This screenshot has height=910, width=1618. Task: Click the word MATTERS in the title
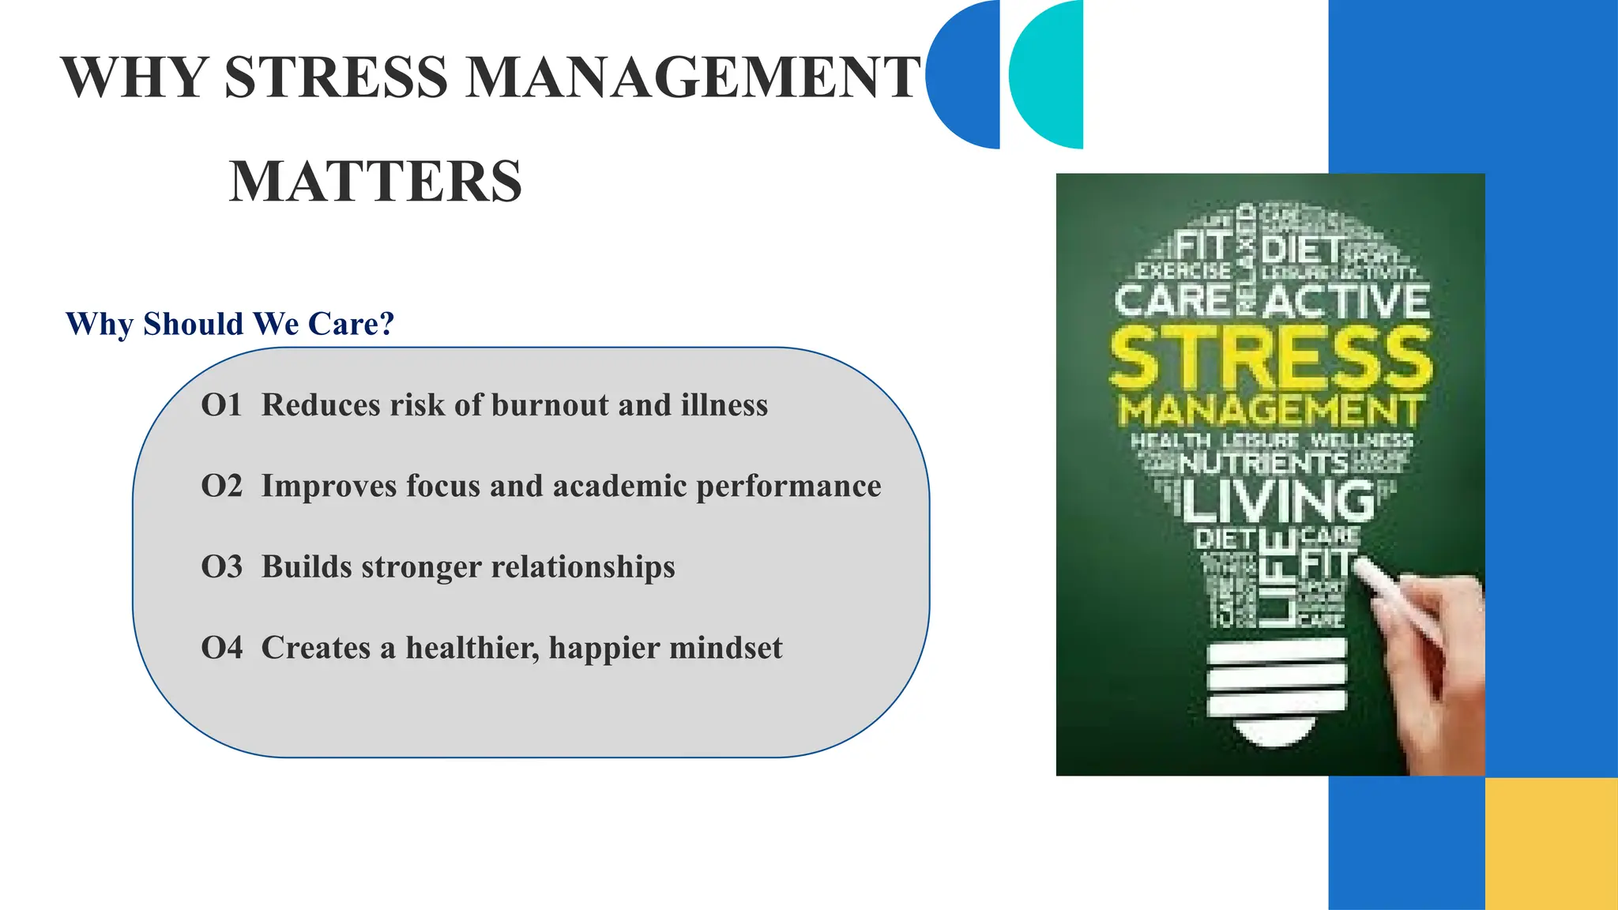[x=375, y=182]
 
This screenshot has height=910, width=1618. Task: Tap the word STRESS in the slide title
[x=336, y=77]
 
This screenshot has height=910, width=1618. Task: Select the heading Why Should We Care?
[x=230, y=324]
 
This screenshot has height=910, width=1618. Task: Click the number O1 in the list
[x=221, y=405]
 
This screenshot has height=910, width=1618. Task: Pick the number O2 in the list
[x=221, y=487]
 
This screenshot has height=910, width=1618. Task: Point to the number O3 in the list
[x=221, y=567]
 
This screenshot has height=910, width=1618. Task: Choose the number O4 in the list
[x=221, y=649]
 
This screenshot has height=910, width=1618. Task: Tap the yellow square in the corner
[x=1552, y=844]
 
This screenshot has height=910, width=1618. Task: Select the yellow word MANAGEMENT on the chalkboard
[x=1271, y=411]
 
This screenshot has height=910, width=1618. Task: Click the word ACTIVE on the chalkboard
[x=1346, y=301]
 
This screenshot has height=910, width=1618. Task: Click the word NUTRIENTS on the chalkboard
[x=1264, y=463]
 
